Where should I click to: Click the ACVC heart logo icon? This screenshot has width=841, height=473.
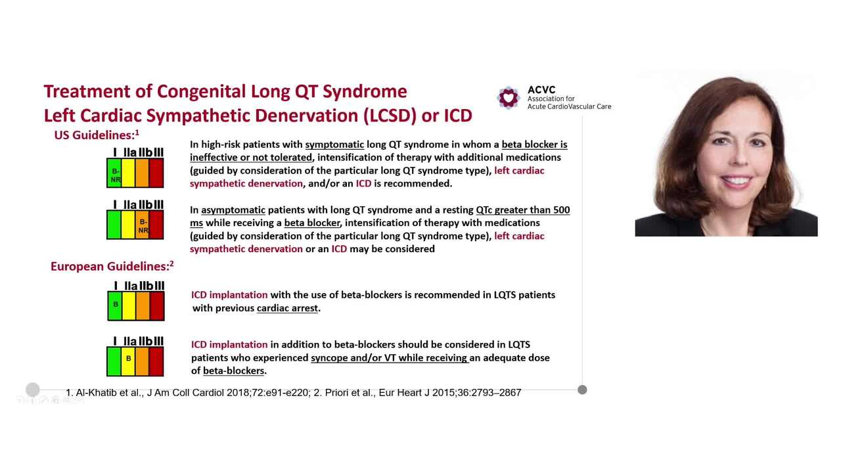(x=508, y=98)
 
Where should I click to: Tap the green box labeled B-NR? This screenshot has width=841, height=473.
(x=114, y=174)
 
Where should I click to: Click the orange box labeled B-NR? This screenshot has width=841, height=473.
(x=143, y=226)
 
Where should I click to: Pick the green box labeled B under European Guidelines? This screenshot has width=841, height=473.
(x=115, y=305)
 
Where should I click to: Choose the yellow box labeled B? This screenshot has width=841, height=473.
(x=129, y=359)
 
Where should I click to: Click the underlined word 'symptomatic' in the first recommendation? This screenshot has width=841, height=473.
(x=334, y=145)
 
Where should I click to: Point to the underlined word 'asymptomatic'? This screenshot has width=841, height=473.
(x=233, y=210)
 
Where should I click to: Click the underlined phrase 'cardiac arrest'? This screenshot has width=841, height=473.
(x=287, y=308)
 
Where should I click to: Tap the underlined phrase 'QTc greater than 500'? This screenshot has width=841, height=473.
(x=523, y=210)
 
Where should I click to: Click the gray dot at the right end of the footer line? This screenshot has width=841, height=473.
(x=582, y=390)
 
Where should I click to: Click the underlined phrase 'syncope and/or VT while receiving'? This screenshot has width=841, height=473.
(x=389, y=358)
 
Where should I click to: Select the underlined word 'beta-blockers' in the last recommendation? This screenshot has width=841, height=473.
(x=233, y=371)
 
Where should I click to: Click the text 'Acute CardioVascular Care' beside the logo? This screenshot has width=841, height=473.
(x=569, y=106)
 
